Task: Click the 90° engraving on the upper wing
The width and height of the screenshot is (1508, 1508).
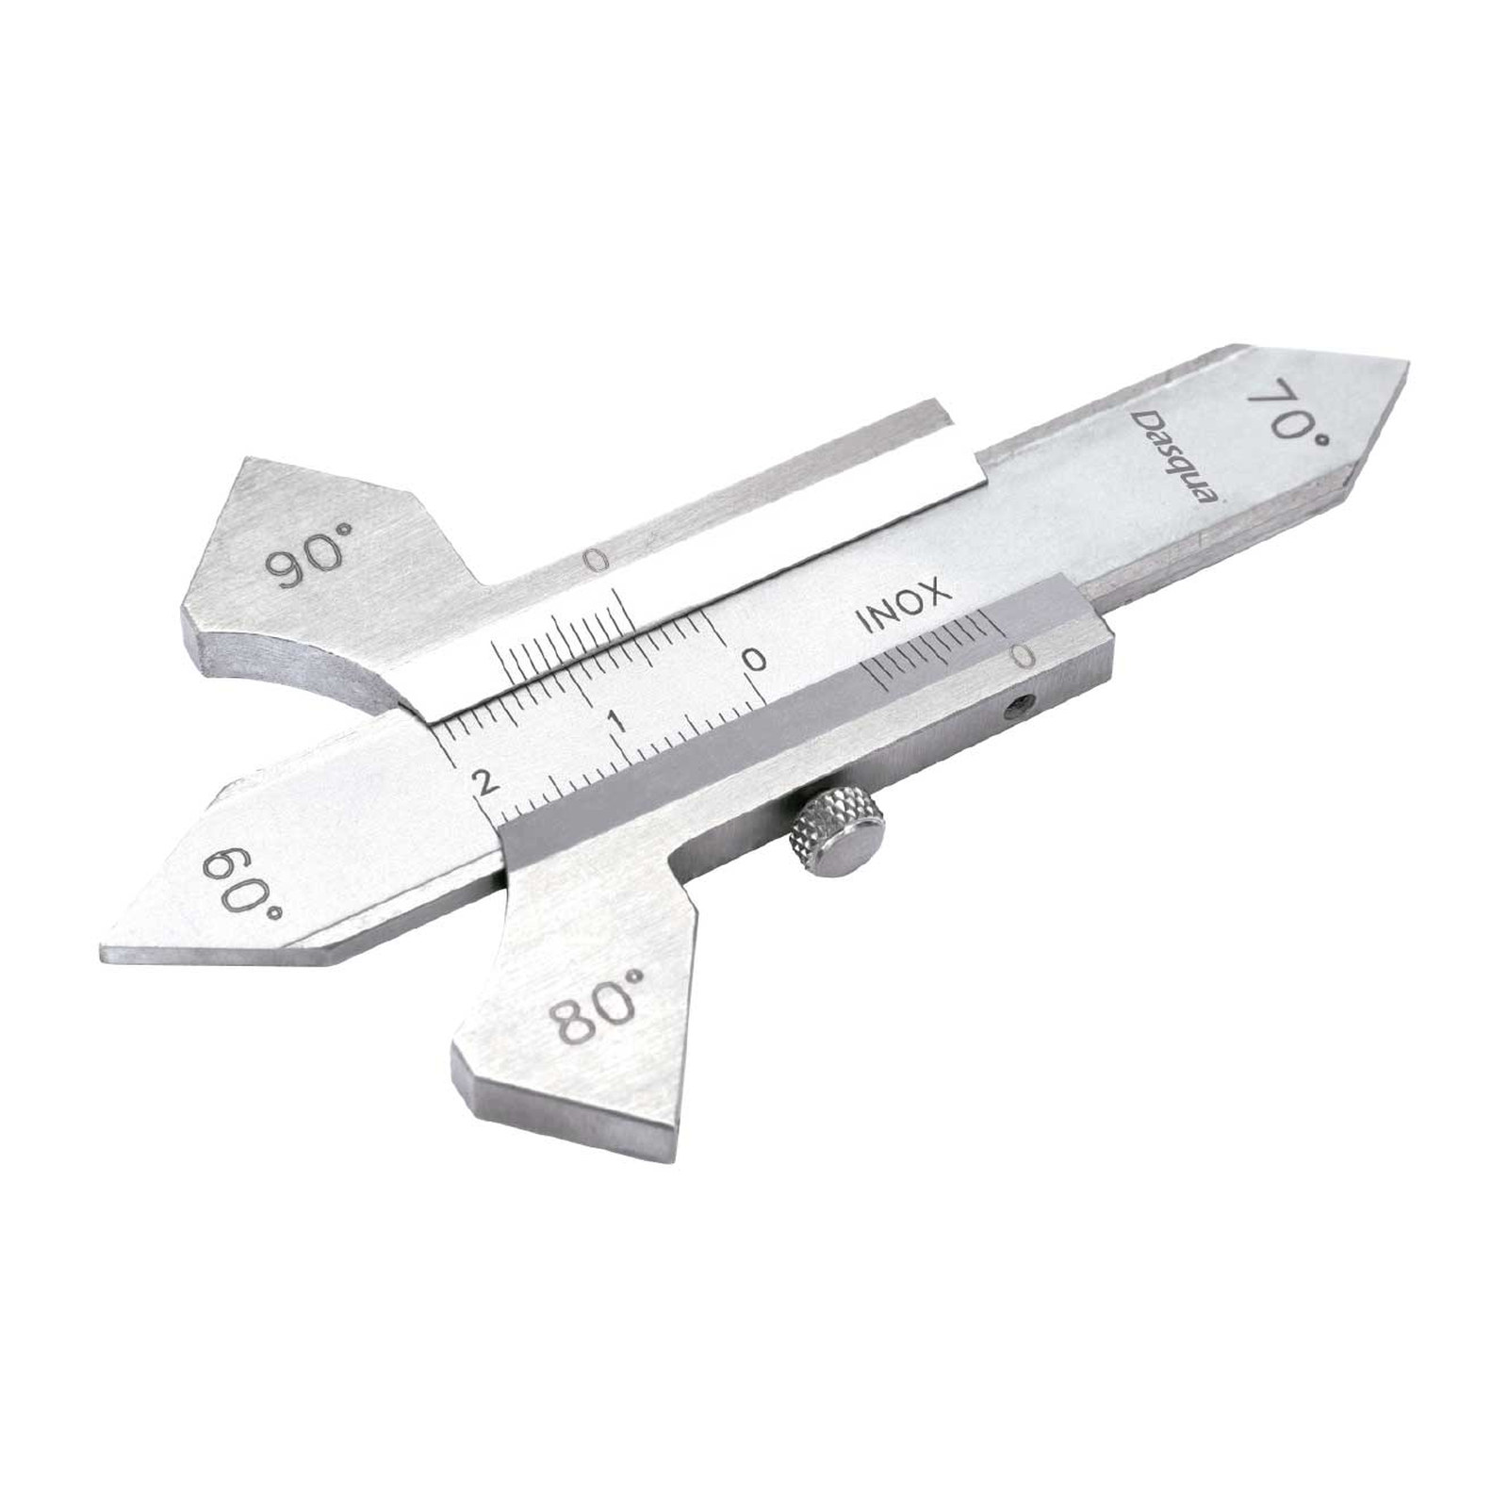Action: click(307, 562)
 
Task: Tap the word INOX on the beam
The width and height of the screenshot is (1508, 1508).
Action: click(900, 606)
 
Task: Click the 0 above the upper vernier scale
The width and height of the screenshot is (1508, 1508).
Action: click(594, 562)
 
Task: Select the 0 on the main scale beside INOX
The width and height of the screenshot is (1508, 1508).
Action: click(755, 658)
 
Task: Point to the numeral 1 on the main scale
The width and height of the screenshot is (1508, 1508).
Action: click(618, 721)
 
